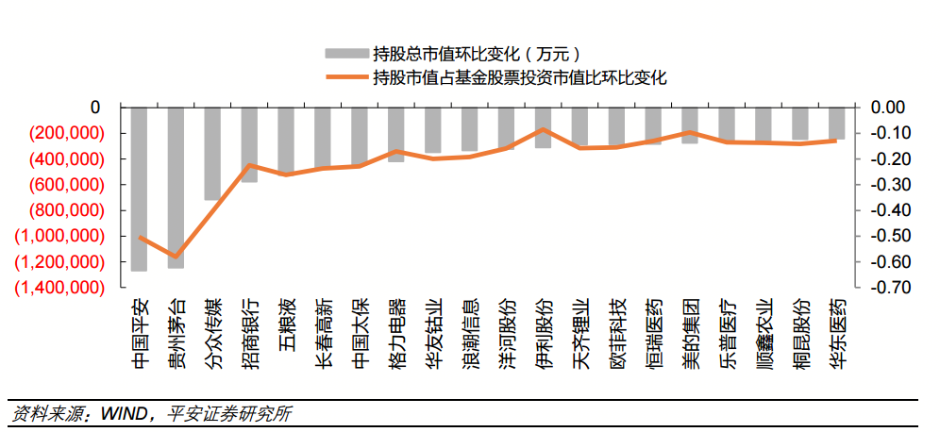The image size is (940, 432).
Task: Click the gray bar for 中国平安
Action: (x=139, y=189)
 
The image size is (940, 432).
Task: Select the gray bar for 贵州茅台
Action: (x=176, y=188)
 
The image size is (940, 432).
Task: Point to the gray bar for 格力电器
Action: (x=396, y=135)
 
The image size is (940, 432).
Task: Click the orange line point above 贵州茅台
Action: (x=176, y=257)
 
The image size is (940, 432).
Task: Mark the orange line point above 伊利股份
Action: (x=543, y=129)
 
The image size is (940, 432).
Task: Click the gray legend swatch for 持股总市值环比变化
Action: (x=344, y=53)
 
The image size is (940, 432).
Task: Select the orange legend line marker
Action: (x=344, y=77)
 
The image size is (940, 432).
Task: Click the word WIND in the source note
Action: (x=128, y=413)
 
